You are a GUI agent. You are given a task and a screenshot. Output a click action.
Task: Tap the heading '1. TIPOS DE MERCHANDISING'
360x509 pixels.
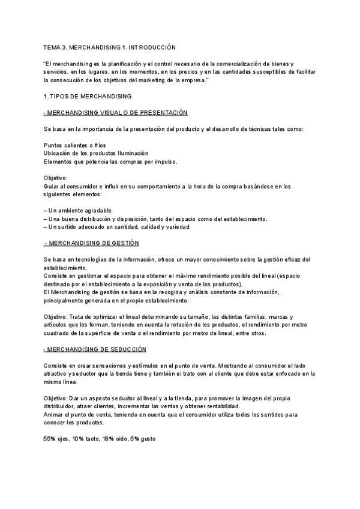pos(88,96)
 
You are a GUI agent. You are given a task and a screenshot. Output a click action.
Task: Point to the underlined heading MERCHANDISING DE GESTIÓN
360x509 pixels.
pos(92,243)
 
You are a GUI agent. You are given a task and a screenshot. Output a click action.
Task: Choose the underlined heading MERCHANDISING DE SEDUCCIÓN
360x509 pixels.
pos(96,349)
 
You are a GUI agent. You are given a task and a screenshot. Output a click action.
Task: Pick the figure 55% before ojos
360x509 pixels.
pos(50,439)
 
